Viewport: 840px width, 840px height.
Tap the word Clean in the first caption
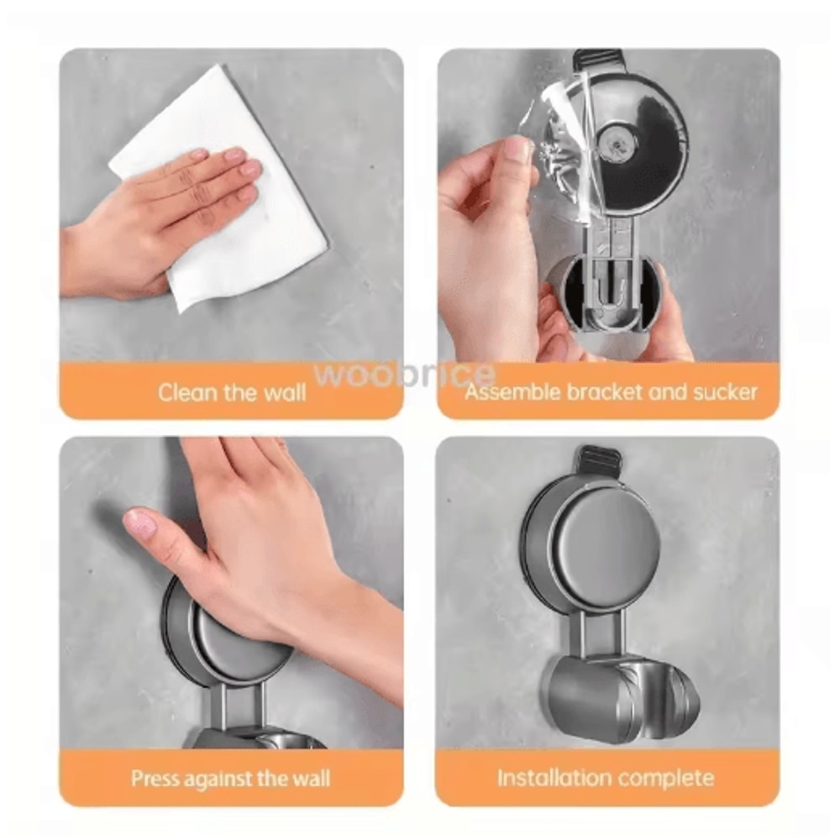[x=186, y=392]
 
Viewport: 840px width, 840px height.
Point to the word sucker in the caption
[x=724, y=391]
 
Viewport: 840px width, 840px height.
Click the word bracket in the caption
[x=613, y=391]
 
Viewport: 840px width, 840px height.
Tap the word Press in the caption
[x=155, y=778]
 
